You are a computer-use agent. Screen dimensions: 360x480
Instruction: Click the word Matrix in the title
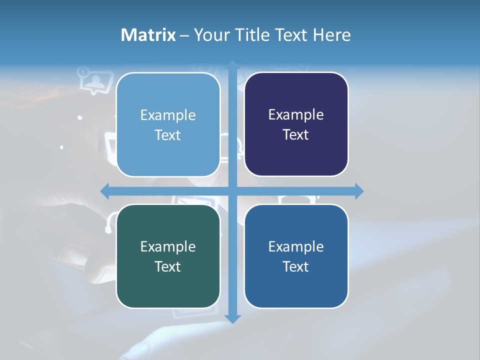[148, 35]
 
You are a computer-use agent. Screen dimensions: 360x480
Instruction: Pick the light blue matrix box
[168, 124]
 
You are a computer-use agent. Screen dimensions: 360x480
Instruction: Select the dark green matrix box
[168, 256]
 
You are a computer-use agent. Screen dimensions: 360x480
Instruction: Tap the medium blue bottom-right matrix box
[296, 256]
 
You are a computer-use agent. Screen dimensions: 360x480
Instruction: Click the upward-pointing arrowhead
[232, 65]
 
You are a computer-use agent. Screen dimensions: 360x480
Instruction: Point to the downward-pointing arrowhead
[232, 318]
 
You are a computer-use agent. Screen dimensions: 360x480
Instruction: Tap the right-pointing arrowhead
[359, 191]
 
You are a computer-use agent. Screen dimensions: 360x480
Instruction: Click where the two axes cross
[232, 191]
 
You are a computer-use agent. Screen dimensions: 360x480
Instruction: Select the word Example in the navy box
[296, 114]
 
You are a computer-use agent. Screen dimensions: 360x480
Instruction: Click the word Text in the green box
[167, 266]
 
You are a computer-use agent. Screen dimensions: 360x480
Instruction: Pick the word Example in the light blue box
[168, 115]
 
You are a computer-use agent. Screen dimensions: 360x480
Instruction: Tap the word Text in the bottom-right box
[295, 266]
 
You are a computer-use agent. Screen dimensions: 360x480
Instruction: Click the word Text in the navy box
[295, 134]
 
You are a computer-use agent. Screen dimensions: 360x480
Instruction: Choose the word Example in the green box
[168, 246]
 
